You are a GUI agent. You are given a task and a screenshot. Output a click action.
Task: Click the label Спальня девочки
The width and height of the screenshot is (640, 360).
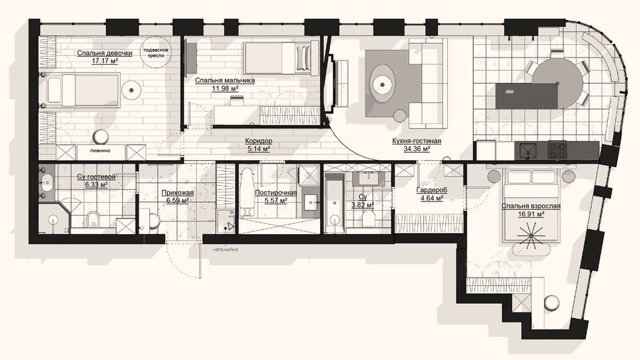(x=105, y=53)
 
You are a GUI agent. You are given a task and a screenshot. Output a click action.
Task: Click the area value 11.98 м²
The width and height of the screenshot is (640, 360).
(x=225, y=88)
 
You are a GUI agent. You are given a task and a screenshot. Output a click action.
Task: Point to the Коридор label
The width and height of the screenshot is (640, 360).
(x=259, y=141)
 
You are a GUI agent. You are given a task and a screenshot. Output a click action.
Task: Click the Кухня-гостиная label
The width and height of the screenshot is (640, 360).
(x=417, y=141)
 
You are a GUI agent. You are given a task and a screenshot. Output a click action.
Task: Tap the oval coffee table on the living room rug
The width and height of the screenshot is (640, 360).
(x=383, y=85)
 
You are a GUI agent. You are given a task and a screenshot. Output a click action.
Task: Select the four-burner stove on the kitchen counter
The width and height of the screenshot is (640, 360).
(x=558, y=150)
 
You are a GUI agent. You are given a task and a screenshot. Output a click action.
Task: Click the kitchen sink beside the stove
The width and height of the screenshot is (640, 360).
(x=529, y=151)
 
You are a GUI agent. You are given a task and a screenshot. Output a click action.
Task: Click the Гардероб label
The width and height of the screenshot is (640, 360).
(x=432, y=190)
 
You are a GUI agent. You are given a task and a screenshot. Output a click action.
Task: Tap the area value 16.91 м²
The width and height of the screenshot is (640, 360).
(x=531, y=214)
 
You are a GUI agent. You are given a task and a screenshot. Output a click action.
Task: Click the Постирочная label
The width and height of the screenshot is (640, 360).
(x=275, y=193)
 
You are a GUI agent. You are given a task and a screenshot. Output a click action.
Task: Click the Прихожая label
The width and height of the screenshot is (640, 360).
(x=177, y=193)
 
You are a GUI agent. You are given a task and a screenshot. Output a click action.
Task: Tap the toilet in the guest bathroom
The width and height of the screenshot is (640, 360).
(x=93, y=219)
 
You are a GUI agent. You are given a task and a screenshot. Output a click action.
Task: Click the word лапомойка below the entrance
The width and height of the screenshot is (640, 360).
(x=225, y=249)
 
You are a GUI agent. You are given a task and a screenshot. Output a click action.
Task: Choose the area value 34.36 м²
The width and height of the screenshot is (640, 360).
(x=417, y=149)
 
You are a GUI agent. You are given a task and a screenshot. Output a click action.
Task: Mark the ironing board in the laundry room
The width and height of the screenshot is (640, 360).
(x=247, y=193)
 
